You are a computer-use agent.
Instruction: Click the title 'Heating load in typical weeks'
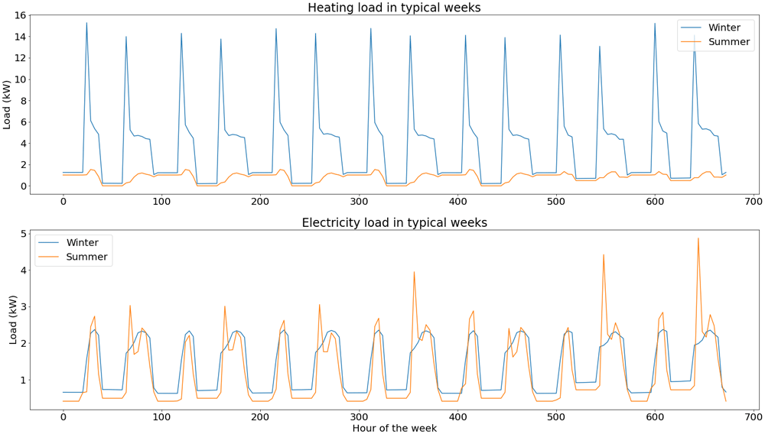tap(394, 8)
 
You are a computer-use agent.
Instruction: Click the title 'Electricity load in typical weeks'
tap(394, 222)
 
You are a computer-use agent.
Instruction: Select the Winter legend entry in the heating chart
tap(715, 28)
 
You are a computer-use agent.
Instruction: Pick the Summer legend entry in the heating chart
tap(715, 42)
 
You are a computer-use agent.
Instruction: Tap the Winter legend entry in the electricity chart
tap(68, 242)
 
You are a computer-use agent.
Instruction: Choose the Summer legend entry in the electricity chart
tap(73, 257)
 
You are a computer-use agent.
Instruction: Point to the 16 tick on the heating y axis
tap(20, 15)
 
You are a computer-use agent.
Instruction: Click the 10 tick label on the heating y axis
tap(20, 79)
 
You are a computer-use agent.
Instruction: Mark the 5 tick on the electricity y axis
tap(24, 234)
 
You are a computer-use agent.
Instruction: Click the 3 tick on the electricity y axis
tap(24, 307)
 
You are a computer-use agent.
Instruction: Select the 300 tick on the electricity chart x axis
tap(359, 417)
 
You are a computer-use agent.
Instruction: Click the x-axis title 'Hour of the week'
tap(394, 428)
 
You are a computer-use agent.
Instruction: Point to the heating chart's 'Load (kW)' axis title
tap(7, 104)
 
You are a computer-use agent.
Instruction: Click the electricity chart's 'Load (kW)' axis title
tap(13, 320)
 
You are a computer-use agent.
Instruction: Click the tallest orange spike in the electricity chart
tap(698, 238)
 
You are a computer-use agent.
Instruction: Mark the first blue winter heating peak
tap(87, 23)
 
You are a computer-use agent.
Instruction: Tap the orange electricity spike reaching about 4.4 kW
tap(604, 255)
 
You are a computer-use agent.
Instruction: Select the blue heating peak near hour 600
tap(655, 24)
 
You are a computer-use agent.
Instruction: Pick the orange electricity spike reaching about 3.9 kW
tap(414, 273)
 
